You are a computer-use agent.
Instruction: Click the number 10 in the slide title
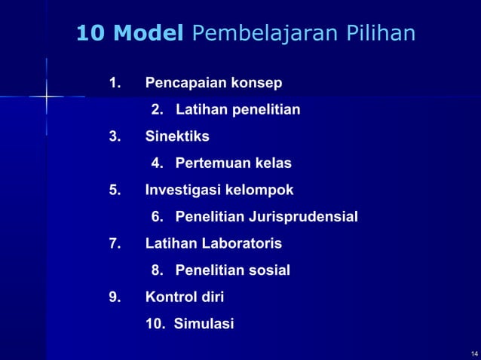point(91,34)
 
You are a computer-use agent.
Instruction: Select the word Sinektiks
point(177,136)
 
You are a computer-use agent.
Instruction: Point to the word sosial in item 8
point(268,270)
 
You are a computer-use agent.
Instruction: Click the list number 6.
point(157,218)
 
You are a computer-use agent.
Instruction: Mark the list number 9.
point(115,297)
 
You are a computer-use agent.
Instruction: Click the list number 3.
point(115,136)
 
